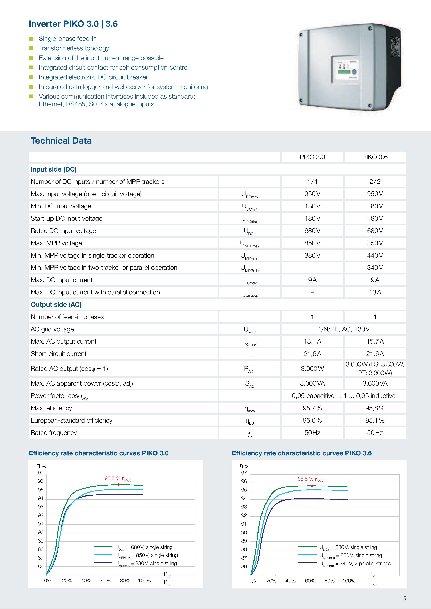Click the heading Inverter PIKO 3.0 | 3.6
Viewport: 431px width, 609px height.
(x=73, y=24)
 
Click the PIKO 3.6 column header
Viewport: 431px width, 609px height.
(x=375, y=157)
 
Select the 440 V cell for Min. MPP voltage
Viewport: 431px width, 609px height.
(x=375, y=255)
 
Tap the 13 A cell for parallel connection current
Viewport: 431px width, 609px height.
(x=375, y=292)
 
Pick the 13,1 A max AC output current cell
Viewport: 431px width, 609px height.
(x=312, y=341)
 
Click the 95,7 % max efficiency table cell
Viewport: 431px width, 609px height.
(x=312, y=408)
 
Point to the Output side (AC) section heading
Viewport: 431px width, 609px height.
(x=56, y=304)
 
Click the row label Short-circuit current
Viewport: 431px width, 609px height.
(x=58, y=354)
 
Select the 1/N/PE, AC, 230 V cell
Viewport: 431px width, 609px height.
(x=344, y=329)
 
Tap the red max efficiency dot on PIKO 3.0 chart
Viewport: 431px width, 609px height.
(x=118, y=484)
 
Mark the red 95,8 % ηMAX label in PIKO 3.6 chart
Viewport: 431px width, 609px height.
(x=310, y=479)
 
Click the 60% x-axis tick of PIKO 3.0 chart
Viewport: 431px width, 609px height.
(x=105, y=581)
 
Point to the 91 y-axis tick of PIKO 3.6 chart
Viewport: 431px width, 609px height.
(x=244, y=524)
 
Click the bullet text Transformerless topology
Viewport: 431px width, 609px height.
(x=74, y=48)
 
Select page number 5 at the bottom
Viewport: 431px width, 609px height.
(x=404, y=598)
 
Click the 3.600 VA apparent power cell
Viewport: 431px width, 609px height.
(x=375, y=383)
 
